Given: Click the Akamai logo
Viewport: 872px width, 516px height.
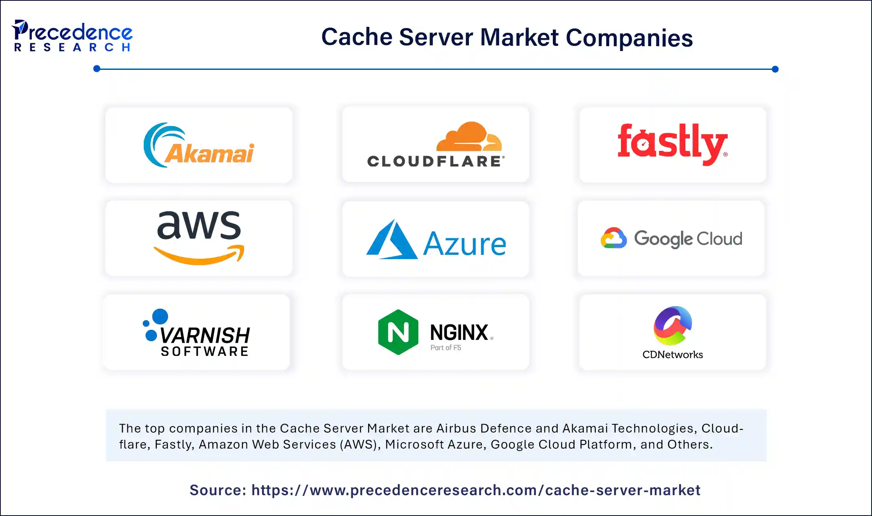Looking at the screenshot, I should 199,145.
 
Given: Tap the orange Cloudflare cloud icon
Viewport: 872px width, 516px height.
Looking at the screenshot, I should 469,136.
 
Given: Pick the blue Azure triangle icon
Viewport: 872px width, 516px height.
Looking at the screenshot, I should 391,240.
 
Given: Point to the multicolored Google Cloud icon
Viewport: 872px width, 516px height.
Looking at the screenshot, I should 613,238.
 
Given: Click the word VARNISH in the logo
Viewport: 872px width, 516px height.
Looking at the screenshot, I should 205,335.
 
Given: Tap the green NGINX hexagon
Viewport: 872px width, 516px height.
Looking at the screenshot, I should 398,332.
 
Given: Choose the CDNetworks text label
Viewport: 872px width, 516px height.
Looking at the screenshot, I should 672,355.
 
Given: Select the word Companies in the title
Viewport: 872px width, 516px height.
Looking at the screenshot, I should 629,38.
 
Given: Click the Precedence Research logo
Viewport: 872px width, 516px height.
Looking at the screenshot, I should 72,36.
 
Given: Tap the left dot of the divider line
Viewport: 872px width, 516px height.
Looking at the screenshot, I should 97,69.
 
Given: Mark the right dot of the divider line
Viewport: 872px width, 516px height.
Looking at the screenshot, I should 775,69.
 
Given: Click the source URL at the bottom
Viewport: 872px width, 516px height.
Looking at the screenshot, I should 476,490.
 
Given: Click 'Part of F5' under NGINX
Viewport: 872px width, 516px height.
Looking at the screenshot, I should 446,347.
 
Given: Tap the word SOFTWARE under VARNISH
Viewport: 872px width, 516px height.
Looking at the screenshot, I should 205,351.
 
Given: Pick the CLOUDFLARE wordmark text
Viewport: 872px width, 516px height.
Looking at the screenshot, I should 435,161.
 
